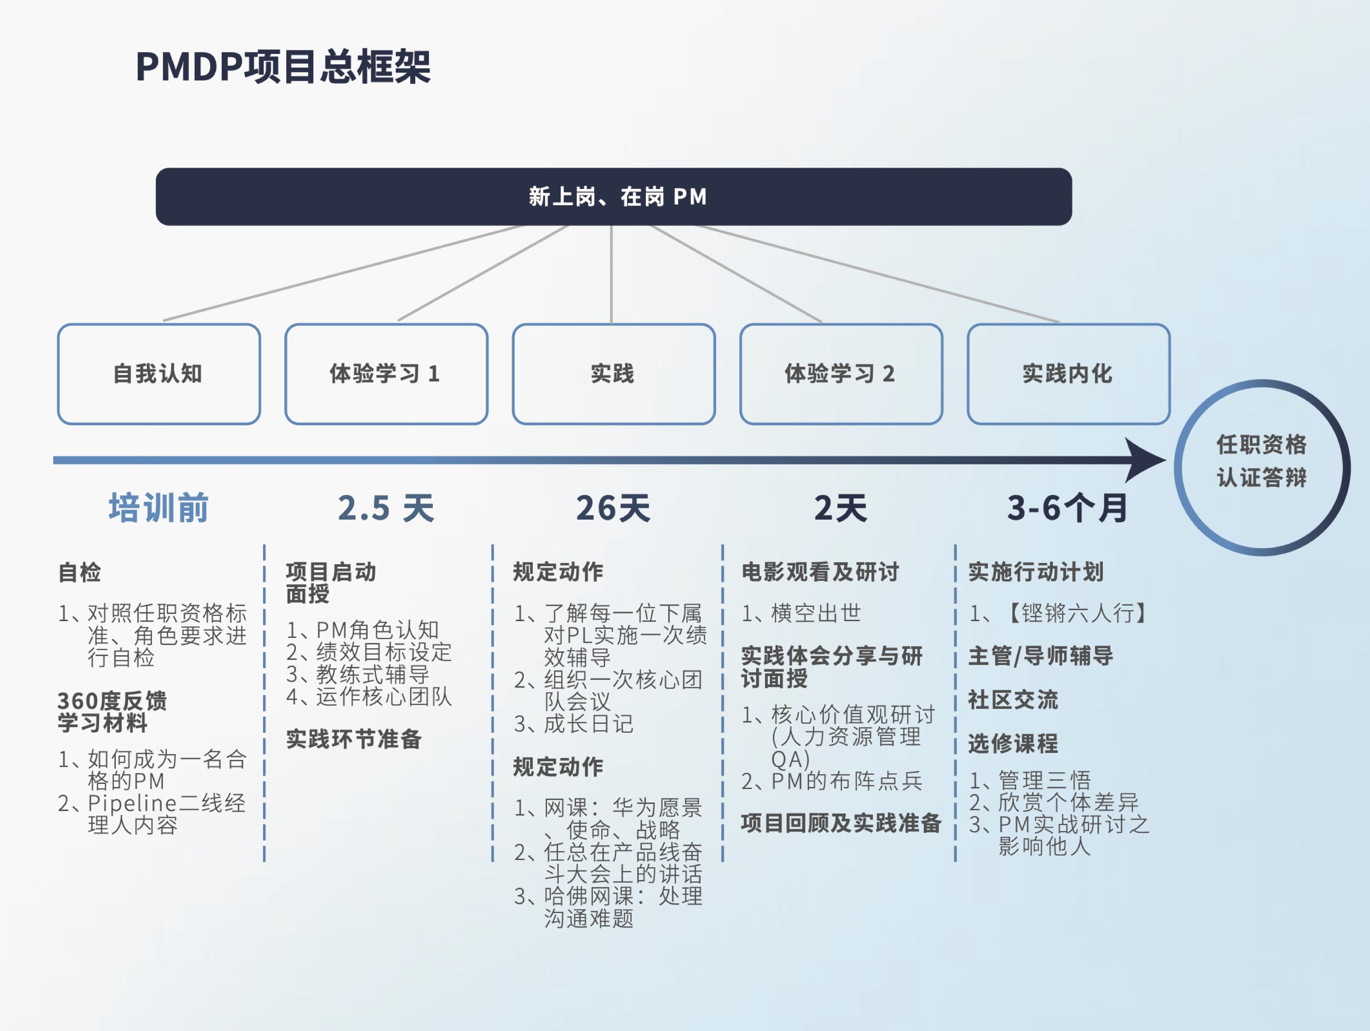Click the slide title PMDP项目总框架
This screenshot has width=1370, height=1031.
283,66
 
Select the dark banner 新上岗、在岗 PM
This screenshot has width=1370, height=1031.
614,196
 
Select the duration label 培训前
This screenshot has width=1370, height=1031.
159,508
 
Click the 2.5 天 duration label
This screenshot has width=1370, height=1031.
386,508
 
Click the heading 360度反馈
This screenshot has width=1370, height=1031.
112,701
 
